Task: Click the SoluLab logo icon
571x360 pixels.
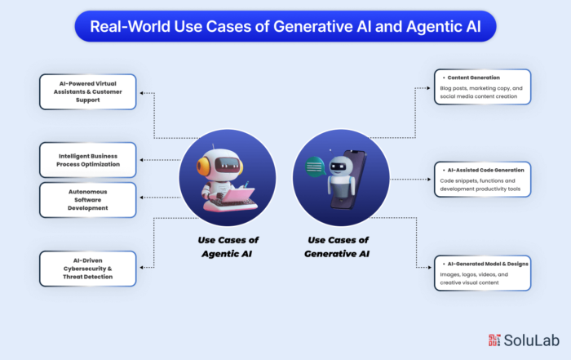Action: tap(494, 340)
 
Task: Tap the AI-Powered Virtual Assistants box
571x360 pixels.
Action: tap(88, 91)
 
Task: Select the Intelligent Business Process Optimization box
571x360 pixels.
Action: tap(88, 160)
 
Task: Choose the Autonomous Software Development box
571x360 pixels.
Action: tap(88, 200)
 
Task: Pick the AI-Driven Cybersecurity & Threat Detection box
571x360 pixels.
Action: tap(88, 269)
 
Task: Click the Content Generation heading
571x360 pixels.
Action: tap(473, 78)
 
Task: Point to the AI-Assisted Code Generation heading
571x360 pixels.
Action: tap(485, 170)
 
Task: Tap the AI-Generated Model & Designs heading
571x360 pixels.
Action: tap(488, 264)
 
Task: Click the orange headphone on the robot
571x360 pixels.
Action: tap(202, 165)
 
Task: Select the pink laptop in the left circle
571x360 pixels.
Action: tap(237, 195)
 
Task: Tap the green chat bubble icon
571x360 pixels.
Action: tap(315, 167)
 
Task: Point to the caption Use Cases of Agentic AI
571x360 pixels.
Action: tap(228, 247)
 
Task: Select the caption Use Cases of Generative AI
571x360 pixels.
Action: tap(337, 247)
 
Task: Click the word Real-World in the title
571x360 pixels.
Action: tap(130, 27)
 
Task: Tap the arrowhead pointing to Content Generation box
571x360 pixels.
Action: tap(428, 88)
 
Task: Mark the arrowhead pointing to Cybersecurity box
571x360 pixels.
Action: tap(142, 268)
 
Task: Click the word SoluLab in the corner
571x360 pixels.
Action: tap(532, 340)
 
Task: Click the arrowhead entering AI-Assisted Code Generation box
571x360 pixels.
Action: tap(429, 180)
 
